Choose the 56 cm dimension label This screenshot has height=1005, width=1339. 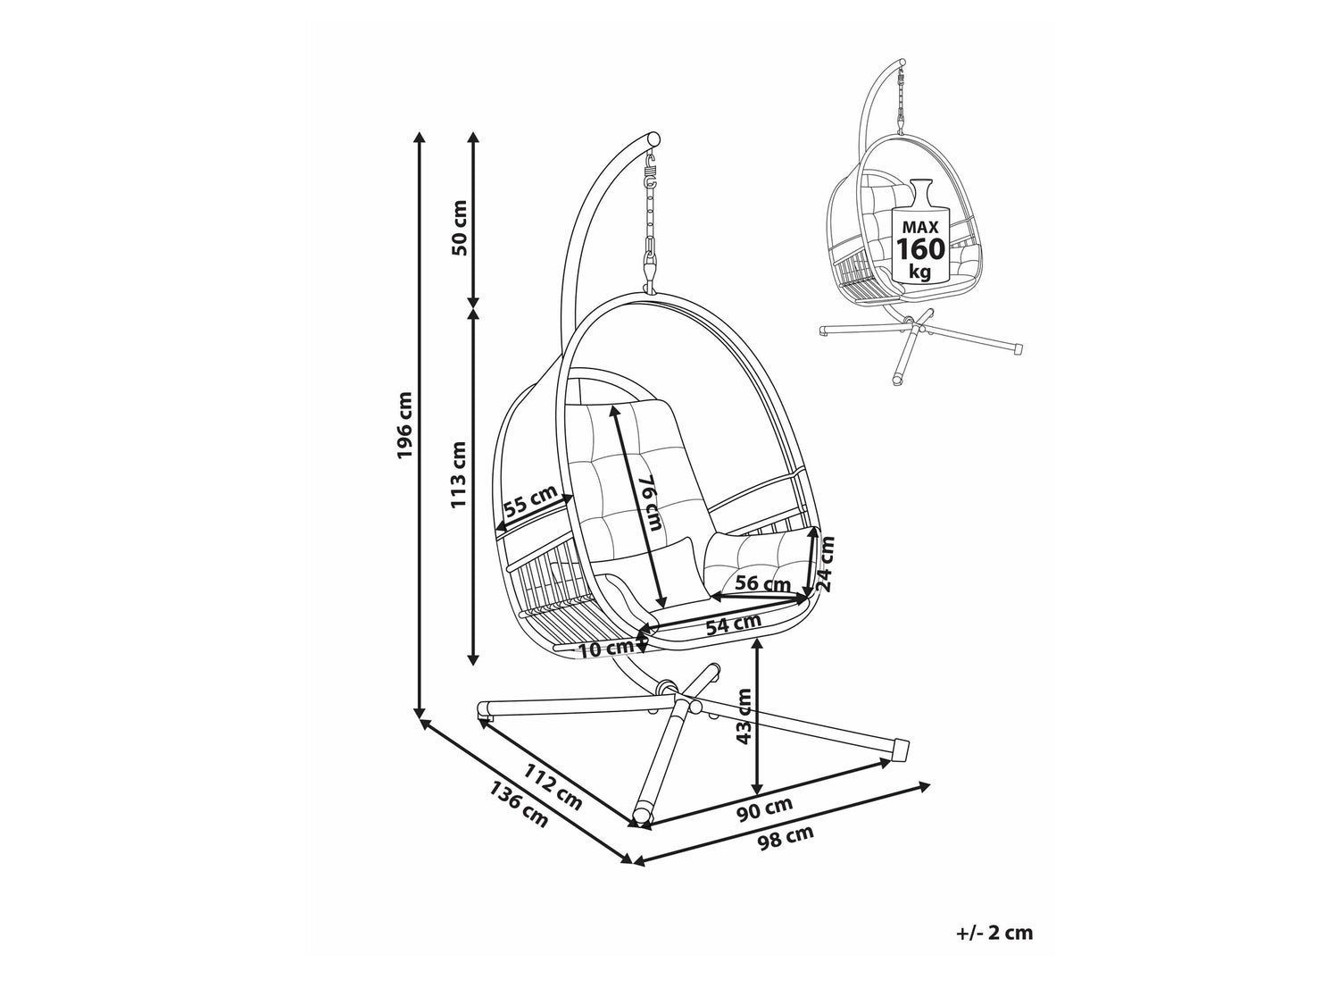tap(762, 583)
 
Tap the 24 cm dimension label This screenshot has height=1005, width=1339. tap(825, 564)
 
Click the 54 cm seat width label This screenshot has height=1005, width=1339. tap(734, 624)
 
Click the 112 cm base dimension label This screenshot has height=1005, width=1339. tap(553, 787)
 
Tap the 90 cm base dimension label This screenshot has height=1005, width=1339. tap(764, 809)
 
